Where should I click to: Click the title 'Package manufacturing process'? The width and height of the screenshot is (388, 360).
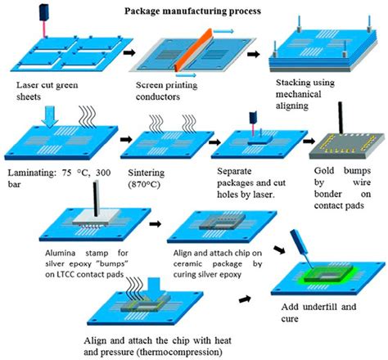pyautogui.click(x=193, y=11)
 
